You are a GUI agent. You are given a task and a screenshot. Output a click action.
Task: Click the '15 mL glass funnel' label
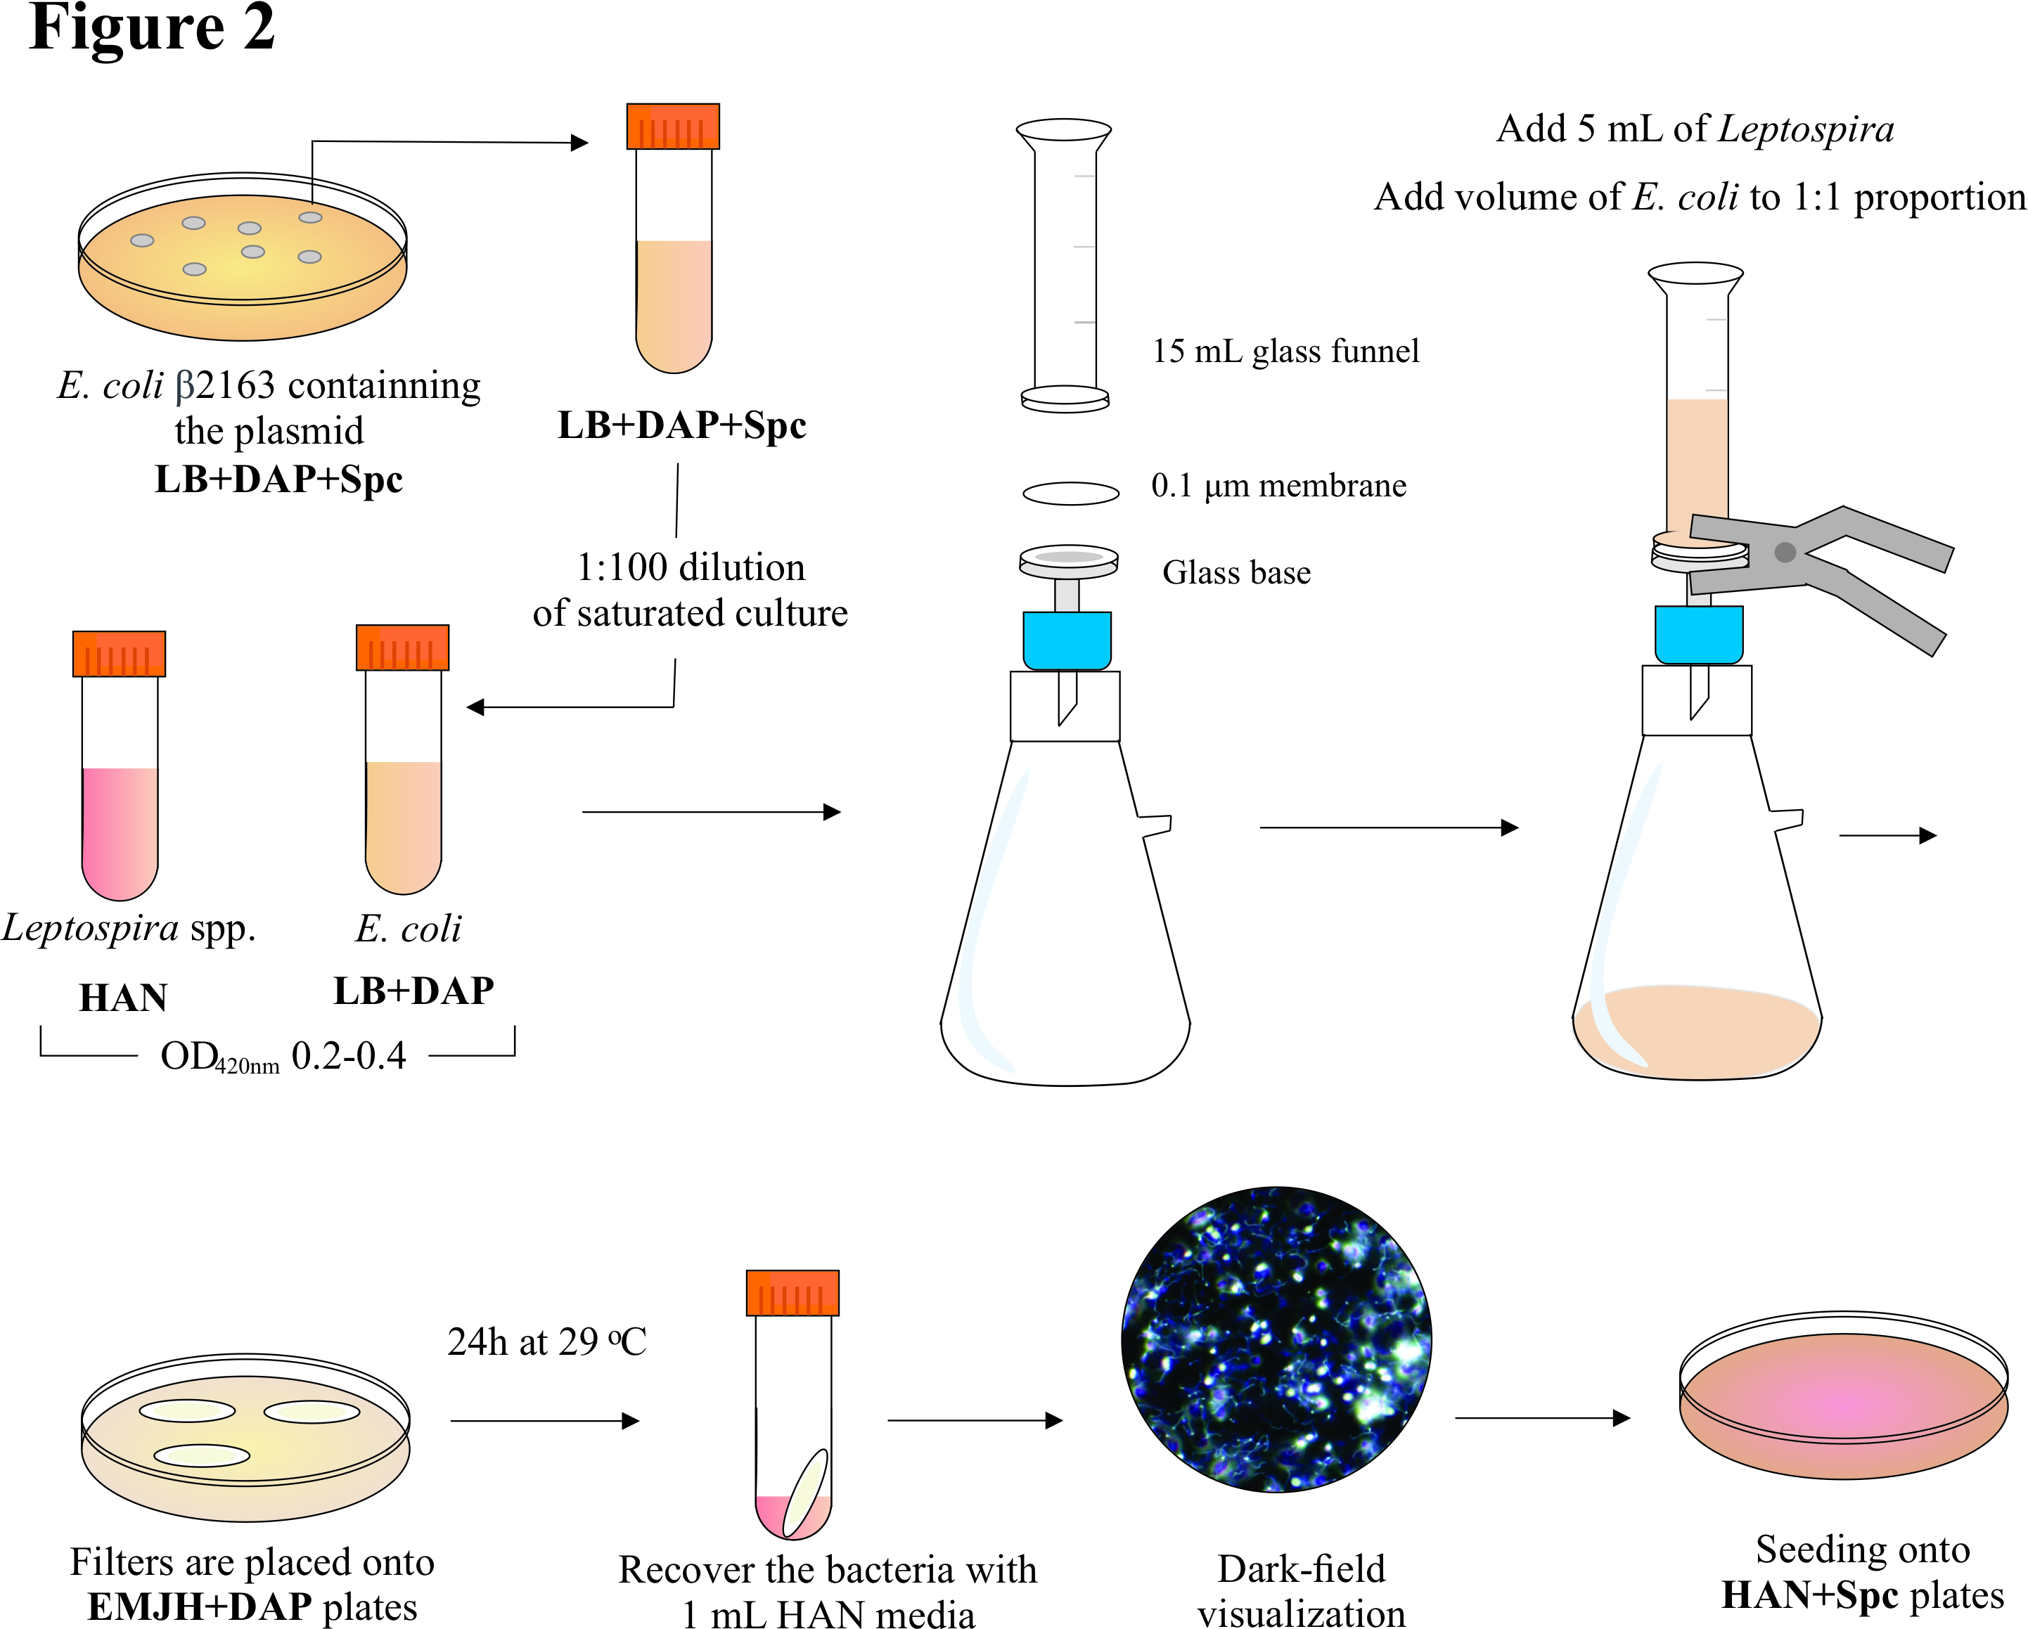pyautogui.click(x=1285, y=351)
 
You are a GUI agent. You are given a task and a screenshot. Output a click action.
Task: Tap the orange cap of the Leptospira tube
pyautogui.click(x=120, y=654)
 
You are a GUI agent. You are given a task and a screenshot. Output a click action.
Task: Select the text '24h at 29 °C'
pyautogui.click(x=546, y=1342)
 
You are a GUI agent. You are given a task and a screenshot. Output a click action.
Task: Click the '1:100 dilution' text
pyautogui.click(x=691, y=567)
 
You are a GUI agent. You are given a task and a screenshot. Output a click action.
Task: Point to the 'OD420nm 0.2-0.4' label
pyautogui.click(x=282, y=1056)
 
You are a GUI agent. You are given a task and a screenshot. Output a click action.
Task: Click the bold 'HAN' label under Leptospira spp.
pyautogui.click(x=123, y=997)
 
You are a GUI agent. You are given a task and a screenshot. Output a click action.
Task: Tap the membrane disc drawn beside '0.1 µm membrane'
pyautogui.click(x=1070, y=493)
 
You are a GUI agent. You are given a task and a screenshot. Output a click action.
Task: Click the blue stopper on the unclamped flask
pyautogui.click(x=1067, y=640)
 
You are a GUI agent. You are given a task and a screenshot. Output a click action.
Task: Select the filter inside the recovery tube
pyautogui.click(x=805, y=1492)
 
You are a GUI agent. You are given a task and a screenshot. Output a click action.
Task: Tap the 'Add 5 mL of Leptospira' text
pyautogui.click(x=1695, y=129)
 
